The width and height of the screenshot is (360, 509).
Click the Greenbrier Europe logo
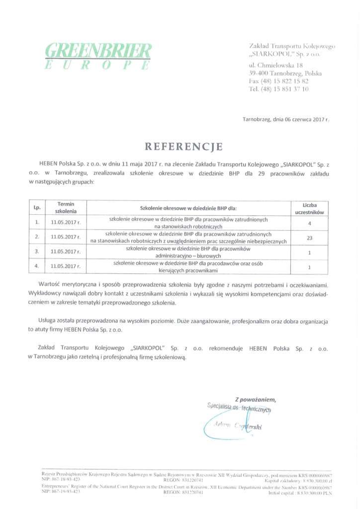coord(98,55)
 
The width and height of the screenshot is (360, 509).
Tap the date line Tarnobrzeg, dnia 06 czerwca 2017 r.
coord(285,120)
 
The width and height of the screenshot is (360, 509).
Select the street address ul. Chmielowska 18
coord(275,65)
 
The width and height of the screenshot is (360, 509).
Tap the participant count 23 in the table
coord(310,238)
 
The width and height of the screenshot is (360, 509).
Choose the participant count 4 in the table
coord(310,223)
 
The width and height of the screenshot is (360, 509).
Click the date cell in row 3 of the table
coord(66,252)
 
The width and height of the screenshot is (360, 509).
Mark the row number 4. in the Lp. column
coord(37,266)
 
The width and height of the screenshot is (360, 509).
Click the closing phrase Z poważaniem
coord(255,399)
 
